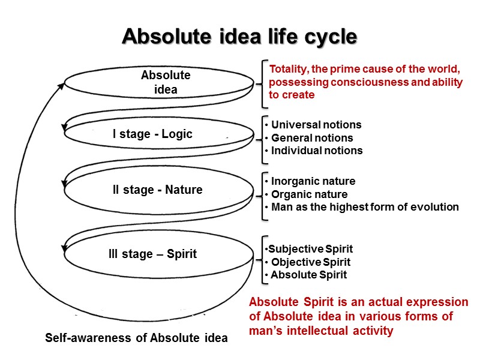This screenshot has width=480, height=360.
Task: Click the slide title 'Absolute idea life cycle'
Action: [239, 37]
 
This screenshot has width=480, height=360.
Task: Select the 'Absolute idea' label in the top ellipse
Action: [165, 83]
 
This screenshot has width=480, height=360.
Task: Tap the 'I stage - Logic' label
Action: [152, 134]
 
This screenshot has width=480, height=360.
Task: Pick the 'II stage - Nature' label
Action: [158, 190]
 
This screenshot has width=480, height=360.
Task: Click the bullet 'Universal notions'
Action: [316, 125]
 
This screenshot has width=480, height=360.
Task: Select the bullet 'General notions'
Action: [311, 138]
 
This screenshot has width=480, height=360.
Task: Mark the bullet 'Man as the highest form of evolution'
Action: [364, 207]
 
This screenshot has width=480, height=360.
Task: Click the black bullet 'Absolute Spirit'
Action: [308, 275]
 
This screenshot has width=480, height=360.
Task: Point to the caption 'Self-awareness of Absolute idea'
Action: [136, 338]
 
